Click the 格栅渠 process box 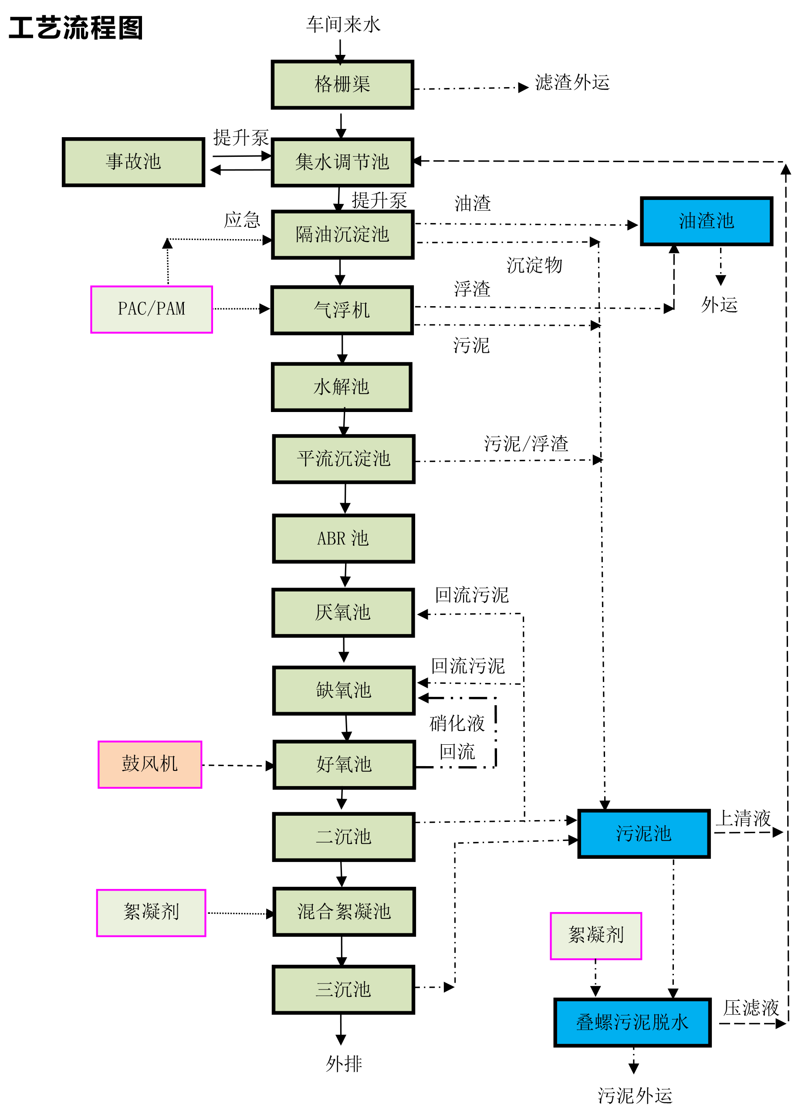pos(342,84)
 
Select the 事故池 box pos(133,162)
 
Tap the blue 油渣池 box pos(706,221)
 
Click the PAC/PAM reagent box pos(152,309)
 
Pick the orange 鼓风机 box pos(149,764)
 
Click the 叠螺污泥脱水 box pos(632,1022)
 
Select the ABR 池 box pos(343,538)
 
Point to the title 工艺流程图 pos(76,28)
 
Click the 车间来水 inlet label pos(343,24)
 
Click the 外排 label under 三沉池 pos(344,1064)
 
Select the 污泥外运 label pos(635,1095)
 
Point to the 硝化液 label pos(457,723)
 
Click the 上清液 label pos(743,818)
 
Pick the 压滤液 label pos(751,1008)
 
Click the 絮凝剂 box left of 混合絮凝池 pos(151,912)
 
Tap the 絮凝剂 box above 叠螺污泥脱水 pos(595,935)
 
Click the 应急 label pos(242,220)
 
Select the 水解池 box pos(341,387)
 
